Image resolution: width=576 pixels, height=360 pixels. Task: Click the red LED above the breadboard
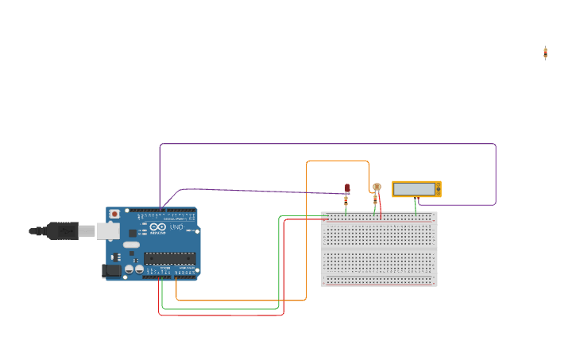tap(347, 188)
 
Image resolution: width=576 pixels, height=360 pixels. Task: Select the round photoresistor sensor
tap(377, 188)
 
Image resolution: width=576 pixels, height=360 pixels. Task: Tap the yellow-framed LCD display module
tap(416, 189)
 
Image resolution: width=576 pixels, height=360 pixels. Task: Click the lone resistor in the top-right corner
tap(545, 52)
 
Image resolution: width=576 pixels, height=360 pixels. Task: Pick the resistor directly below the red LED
tap(346, 201)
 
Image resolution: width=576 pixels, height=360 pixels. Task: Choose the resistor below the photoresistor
tap(375, 201)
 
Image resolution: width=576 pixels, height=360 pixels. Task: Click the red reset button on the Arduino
tap(114, 214)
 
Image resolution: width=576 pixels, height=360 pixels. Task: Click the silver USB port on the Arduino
tap(107, 230)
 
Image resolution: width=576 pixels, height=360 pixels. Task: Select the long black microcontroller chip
tap(168, 257)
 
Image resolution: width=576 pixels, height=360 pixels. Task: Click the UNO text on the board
tap(176, 227)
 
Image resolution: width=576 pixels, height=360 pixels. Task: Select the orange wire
tap(307, 238)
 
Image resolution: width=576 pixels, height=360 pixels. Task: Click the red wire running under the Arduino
tap(222, 315)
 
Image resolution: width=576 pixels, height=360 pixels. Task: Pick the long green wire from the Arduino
tap(222, 308)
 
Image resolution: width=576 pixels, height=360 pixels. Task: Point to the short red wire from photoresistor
tap(380, 207)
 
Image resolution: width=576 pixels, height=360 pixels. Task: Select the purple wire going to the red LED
tap(254, 191)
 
